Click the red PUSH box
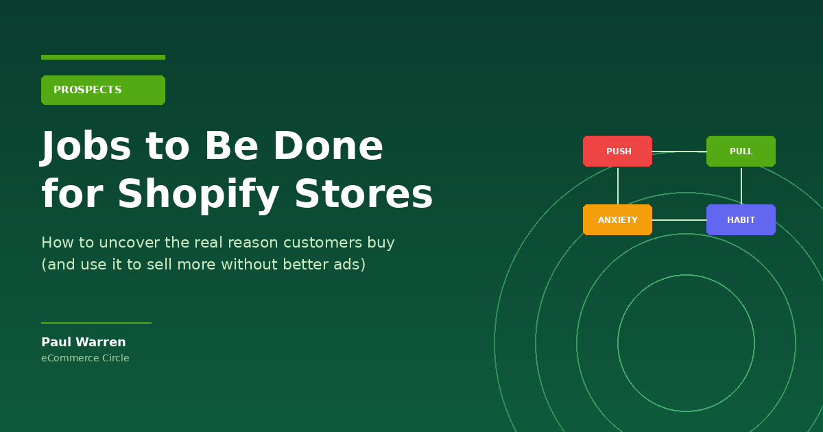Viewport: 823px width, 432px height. tap(617, 151)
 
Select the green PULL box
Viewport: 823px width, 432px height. tap(741, 151)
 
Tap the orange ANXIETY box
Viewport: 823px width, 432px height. tap(617, 219)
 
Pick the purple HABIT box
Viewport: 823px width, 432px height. tap(741, 219)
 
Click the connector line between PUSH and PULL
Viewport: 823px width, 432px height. tap(680, 152)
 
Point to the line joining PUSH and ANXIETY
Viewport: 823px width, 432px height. tap(618, 186)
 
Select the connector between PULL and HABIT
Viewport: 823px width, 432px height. tap(741, 186)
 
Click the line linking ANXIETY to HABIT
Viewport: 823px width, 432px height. tap(680, 220)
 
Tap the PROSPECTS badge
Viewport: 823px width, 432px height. tap(104, 90)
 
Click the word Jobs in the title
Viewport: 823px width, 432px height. tap(85, 147)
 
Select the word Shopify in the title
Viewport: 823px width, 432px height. tap(198, 194)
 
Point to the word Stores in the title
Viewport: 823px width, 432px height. tap(363, 194)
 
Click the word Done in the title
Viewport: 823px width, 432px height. tap(329, 146)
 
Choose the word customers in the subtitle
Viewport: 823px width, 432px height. tap(323, 243)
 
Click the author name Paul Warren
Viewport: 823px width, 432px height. tap(84, 342)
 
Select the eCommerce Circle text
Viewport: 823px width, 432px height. tap(85, 358)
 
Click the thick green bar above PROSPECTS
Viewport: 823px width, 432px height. tap(104, 58)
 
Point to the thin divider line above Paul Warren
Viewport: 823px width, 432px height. tap(96, 323)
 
